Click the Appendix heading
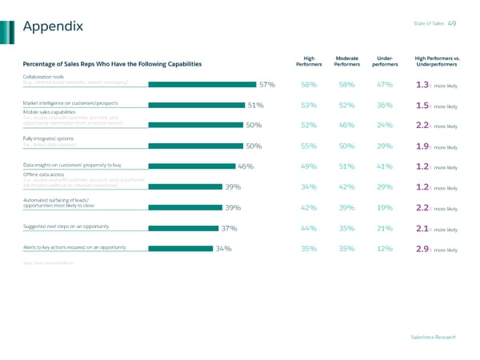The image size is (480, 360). click(x=54, y=27)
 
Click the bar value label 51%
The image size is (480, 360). click(x=256, y=105)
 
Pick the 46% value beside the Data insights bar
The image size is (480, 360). click(x=246, y=166)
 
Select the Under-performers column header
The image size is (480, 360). click(x=384, y=61)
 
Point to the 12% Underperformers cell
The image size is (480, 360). click(x=384, y=249)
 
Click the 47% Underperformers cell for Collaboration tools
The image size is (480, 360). click(x=384, y=85)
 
